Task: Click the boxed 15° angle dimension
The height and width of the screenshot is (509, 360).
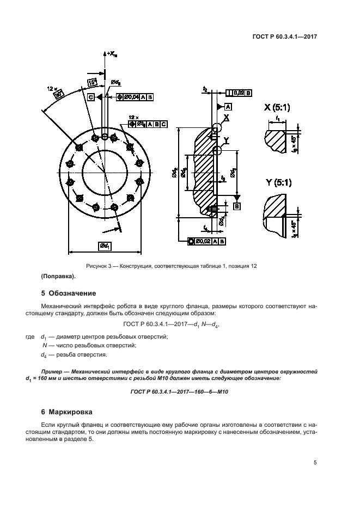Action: click(x=93, y=83)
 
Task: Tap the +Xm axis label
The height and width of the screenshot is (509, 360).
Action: click(x=111, y=53)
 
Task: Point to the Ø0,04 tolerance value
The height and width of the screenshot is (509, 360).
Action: click(x=131, y=97)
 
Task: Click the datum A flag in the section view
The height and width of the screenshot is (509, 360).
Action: click(x=228, y=106)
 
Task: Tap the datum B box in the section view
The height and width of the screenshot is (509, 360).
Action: click(x=237, y=206)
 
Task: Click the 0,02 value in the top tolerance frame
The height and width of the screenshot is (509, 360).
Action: click(x=238, y=93)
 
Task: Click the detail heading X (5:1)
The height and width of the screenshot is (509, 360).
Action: click(x=277, y=108)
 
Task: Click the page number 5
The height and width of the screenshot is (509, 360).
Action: click(x=315, y=463)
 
